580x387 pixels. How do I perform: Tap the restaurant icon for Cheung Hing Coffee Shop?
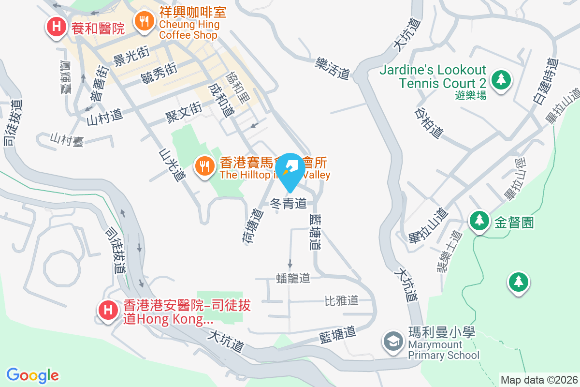coord(144,21)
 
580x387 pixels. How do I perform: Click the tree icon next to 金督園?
coord(479,221)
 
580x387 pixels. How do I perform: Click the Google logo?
coord(33,375)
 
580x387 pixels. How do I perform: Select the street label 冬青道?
coord(289,204)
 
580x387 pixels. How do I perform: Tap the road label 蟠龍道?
coord(292,278)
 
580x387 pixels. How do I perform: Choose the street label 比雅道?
coord(341,300)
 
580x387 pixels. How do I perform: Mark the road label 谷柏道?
coord(429,122)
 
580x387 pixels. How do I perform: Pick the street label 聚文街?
coord(183,114)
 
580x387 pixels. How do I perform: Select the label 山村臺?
coord(67,141)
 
